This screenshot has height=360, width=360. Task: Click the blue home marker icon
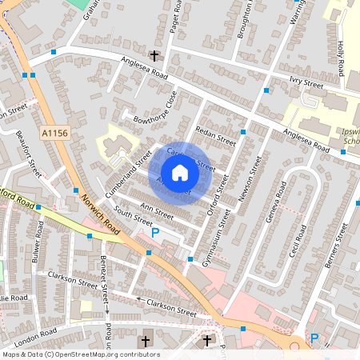(180, 173)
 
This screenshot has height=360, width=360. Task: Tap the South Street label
(132, 214)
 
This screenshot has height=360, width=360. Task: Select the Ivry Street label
(306, 82)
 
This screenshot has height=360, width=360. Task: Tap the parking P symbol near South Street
(155, 233)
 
